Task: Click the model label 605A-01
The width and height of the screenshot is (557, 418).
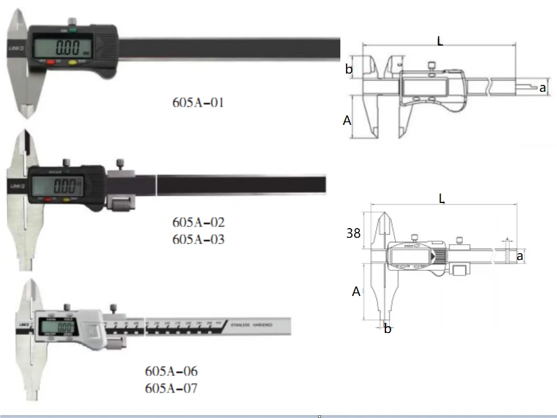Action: pyautogui.click(x=198, y=103)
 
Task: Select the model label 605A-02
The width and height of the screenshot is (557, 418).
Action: pyautogui.click(x=198, y=222)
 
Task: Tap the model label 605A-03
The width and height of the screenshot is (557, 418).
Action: pyautogui.click(x=198, y=239)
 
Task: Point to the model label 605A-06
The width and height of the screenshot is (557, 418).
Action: pyautogui.click(x=171, y=372)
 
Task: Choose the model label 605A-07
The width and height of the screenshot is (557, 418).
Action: pyautogui.click(x=171, y=389)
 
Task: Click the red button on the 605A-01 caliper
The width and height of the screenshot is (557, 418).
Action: pyautogui.click(x=51, y=61)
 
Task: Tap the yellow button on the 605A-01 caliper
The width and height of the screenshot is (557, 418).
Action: pyautogui.click(x=73, y=61)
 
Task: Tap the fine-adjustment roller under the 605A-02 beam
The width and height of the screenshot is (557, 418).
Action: pyautogui.click(x=123, y=204)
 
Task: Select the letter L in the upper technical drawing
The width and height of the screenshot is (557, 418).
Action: pyautogui.click(x=440, y=41)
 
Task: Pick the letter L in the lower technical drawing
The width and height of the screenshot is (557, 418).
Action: pyautogui.click(x=442, y=198)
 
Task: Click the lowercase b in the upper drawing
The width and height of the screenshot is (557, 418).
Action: pyautogui.click(x=349, y=70)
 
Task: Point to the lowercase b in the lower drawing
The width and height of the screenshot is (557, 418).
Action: pyautogui.click(x=387, y=329)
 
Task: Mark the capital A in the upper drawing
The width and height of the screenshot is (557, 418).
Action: pyautogui.click(x=347, y=120)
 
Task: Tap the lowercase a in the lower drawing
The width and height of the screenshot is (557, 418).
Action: pyautogui.click(x=519, y=257)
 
